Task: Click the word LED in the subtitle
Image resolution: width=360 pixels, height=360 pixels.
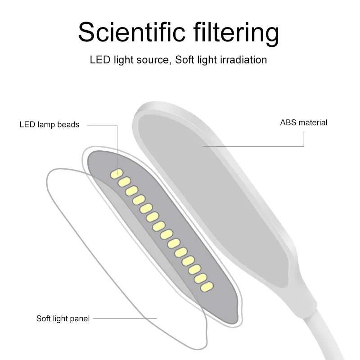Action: pos(99,60)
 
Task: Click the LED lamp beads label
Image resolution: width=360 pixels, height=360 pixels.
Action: pos(49,125)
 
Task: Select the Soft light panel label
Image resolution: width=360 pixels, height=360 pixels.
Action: pos(63,319)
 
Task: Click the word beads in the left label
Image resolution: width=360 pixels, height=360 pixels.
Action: pos(69,125)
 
